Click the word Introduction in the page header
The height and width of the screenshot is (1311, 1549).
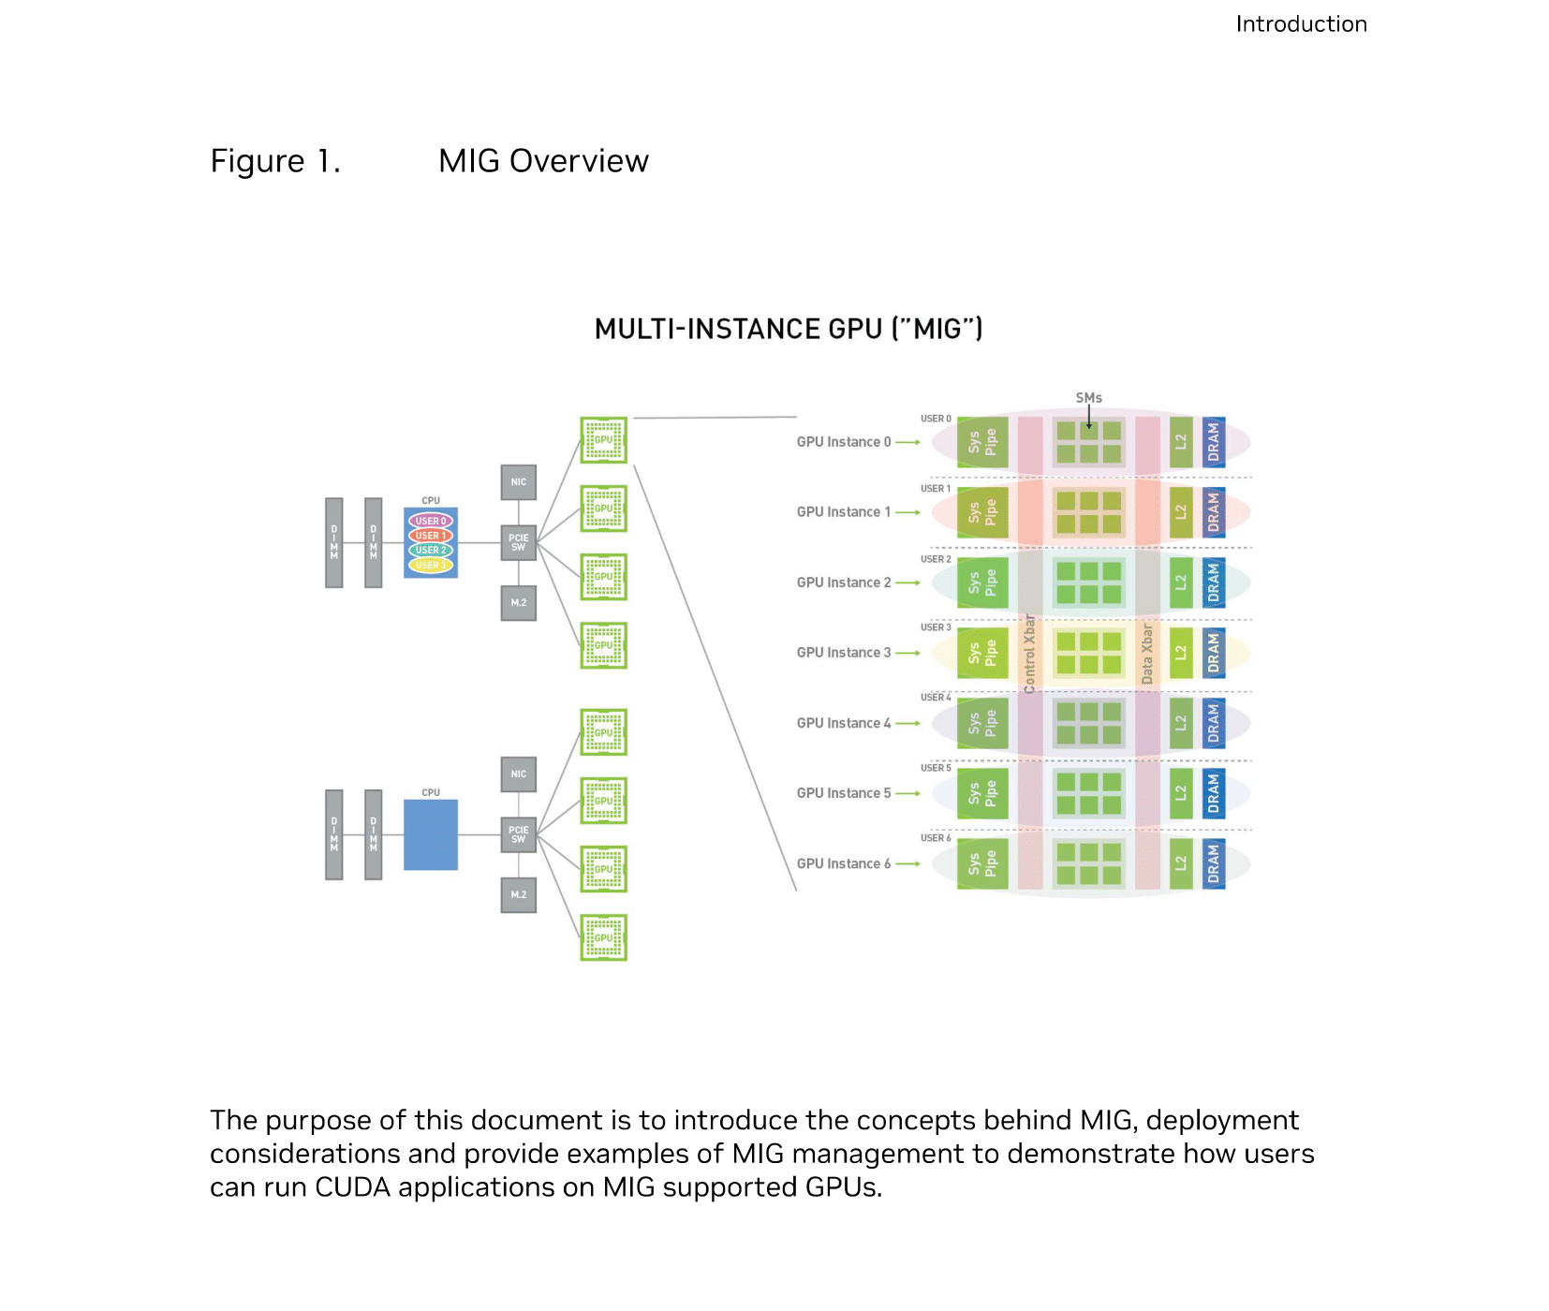(1301, 24)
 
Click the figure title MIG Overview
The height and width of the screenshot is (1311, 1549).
(543, 161)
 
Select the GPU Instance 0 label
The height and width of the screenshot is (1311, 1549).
(843, 442)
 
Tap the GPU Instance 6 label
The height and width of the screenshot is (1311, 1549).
(843, 863)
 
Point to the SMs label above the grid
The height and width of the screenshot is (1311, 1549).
(1088, 398)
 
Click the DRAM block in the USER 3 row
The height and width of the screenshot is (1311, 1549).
(1214, 653)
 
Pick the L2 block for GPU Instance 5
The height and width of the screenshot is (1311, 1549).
(1181, 793)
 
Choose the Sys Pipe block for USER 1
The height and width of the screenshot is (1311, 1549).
(982, 512)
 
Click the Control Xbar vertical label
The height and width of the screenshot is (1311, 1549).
(1030, 654)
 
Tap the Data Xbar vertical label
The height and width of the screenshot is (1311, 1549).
(1147, 654)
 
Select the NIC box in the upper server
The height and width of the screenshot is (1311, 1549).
(518, 482)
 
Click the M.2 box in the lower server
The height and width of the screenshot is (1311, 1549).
(518, 895)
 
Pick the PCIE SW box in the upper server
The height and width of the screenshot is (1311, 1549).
(518, 543)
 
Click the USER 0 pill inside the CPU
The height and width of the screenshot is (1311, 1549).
(431, 521)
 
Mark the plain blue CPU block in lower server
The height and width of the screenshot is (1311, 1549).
(431, 834)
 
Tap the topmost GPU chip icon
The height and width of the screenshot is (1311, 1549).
(603, 440)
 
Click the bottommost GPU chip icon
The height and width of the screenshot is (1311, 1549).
(603, 937)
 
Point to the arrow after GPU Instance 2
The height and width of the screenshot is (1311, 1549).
(907, 582)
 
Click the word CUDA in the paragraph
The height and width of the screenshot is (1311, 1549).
(352, 1187)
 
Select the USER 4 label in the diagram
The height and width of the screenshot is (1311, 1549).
(936, 698)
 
